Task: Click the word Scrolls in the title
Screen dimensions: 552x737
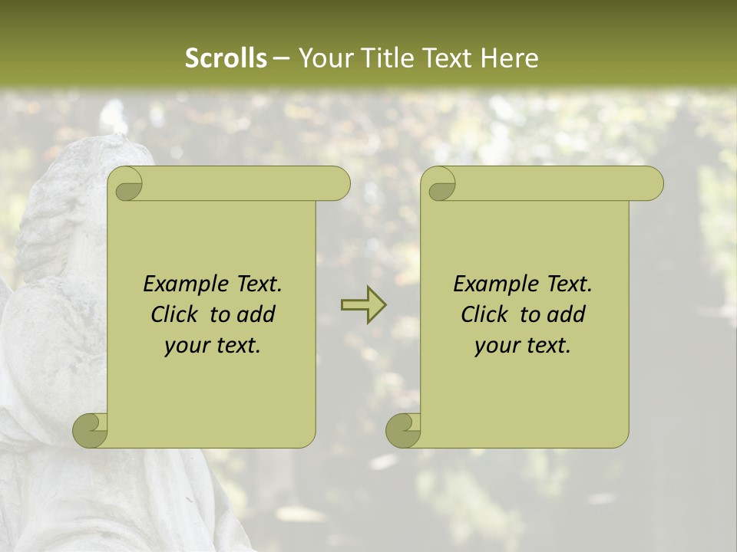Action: (x=226, y=58)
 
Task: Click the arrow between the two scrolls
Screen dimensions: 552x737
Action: (x=363, y=304)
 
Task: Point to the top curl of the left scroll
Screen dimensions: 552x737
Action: (x=126, y=184)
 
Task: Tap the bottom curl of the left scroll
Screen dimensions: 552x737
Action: (x=90, y=430)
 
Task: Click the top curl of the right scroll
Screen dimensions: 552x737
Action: (x=439, y=184)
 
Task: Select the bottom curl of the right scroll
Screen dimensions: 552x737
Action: (x=403, y=430)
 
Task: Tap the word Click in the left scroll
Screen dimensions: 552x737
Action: (x=167, y=314)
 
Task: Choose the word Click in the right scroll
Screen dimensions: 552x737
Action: (x=478, y=314)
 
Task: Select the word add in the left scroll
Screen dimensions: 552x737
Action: (x=256, y=314)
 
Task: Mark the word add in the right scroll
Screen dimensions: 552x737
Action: (x=566, y=314)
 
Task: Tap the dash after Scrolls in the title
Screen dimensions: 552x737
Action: (x=281, y=58)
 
